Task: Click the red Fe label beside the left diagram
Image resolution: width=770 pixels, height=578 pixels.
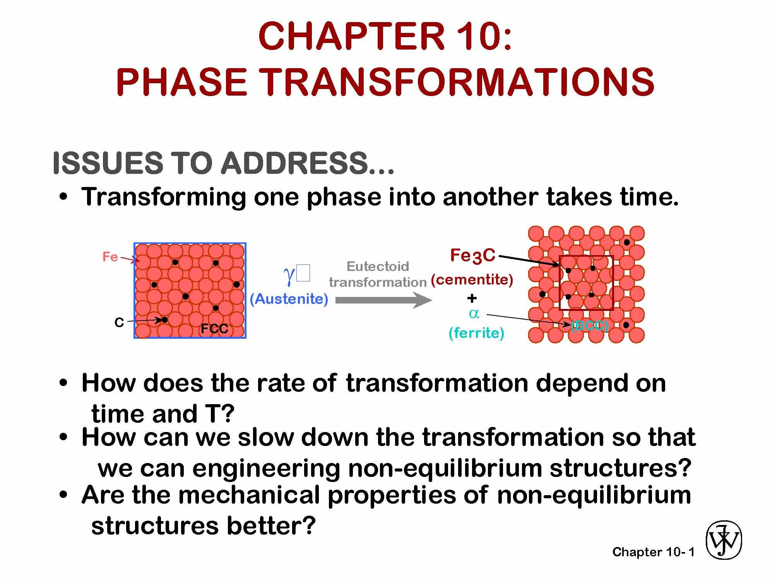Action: [x=110, y=257]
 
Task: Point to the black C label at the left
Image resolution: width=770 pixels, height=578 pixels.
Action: [x=119, y=322]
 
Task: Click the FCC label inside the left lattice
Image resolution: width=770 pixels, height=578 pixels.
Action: [x=214, y=329]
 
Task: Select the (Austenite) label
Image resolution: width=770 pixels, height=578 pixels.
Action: [x=289, y=299]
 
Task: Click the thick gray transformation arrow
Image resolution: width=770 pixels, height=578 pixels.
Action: [x=383, y=300]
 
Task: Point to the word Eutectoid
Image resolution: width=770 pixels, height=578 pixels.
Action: [x=378, y=266]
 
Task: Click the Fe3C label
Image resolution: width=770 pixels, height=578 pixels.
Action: [x=472, y=255]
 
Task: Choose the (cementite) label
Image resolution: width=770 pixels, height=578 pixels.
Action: [x=472, y=279]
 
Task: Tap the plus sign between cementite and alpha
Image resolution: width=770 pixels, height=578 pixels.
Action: [x=472, y=298]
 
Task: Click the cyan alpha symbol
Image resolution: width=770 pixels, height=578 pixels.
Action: [x=474, y=314]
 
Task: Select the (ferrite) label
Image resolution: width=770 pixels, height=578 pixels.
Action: [x=476, y=333]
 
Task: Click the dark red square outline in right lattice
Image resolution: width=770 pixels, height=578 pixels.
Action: [x=560, y=283]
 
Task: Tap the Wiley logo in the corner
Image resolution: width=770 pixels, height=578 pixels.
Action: [x=724, y=540]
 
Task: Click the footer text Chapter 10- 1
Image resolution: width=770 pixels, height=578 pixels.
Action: [x=653, y=552]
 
